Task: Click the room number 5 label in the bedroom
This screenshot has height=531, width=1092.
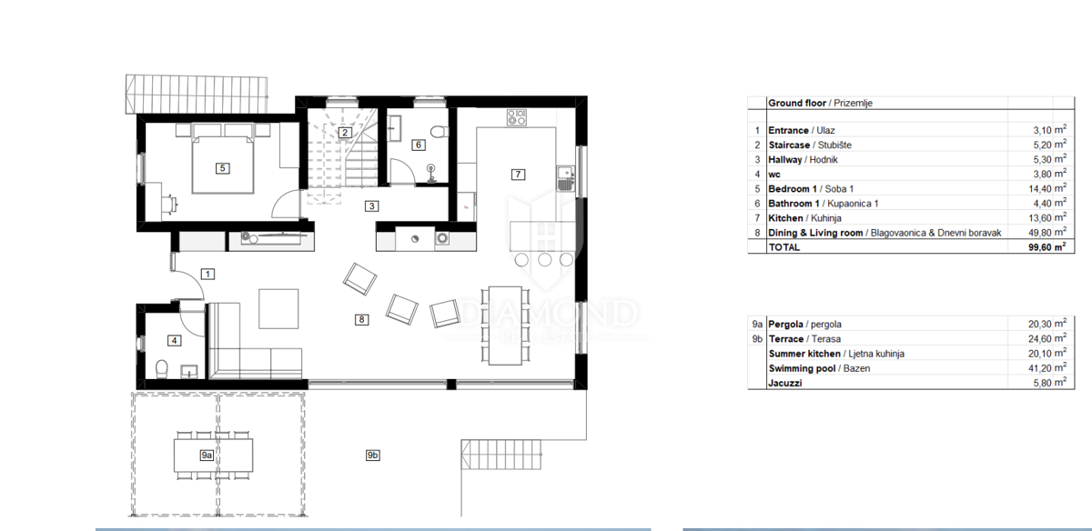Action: pyautogui.click(x=222, y=168)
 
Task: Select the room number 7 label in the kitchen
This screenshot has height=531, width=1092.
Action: pyautogui.click(x=518, y=174)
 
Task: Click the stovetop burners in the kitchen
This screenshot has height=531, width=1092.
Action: pyautogui.click(x=516, y=117)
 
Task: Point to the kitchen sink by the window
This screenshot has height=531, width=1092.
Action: pyautogui.click(x=565, y=179)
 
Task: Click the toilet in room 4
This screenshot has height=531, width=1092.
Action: pyautogui.click(x=162, y=369)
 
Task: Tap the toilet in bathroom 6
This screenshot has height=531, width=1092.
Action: pyautogui.click(x=440, y=132)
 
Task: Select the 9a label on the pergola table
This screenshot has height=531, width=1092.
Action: pyautogui.click(x=207, y=455)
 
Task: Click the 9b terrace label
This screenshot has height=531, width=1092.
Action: pyautogui.click(x=372, y=455)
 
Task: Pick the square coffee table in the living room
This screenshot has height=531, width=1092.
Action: pyautogui.click(x=278, y=309)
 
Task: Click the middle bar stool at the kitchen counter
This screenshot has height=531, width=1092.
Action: pyautogui.click(x=544, y=260)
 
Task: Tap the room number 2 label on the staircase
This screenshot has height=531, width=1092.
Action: pyautogui.click(x=345, y=133)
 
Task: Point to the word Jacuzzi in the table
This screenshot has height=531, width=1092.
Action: pyautogui.click(x=784, y=383)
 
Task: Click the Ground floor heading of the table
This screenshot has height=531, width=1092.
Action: pyautogui.click(x=797, y=103)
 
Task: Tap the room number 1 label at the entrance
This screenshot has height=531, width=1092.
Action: pyautogui.click(x=207, y=274)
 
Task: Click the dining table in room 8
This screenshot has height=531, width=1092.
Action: pyautogui.click(x=505, y=326)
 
